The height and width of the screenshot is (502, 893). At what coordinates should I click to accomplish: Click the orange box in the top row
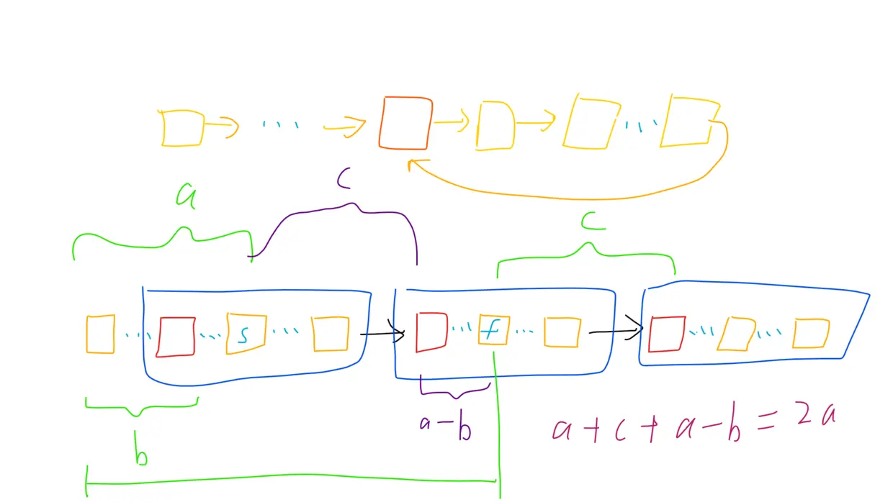406,123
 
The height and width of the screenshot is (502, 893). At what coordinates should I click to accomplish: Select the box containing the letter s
246,334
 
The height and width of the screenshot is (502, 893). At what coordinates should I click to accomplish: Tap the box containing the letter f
494,331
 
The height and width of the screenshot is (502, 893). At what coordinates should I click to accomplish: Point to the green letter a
187,196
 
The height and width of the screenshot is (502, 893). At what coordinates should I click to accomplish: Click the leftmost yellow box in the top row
181,128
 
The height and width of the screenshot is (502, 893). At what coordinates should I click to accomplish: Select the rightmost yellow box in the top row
689,120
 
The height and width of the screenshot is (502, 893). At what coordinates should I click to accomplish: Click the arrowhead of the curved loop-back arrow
414,165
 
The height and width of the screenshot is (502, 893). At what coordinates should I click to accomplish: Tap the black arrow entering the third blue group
616,332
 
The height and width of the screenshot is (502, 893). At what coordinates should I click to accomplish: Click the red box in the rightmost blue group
666,334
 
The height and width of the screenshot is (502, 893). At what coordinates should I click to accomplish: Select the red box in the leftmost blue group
176,337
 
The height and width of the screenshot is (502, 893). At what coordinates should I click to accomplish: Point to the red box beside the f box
431,332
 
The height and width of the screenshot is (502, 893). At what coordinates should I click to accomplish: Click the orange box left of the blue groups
100,334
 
